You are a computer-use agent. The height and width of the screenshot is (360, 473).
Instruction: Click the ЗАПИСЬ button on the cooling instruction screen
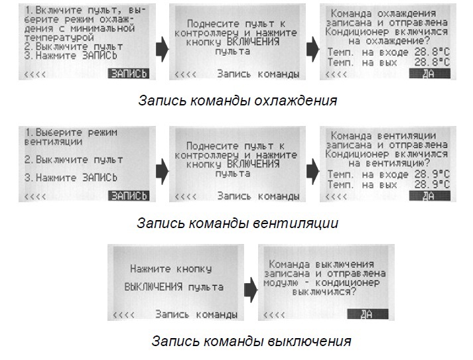(x=129, y=74)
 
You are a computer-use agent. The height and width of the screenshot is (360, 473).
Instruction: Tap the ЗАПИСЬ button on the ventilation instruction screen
(x=129, y=196)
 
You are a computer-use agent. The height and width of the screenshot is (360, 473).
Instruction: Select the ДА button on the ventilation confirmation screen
(x=428, y=196)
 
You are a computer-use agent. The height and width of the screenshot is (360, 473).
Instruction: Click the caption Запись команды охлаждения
(x=237, y=101)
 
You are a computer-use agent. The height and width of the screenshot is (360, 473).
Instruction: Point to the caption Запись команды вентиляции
(x=237, y=223)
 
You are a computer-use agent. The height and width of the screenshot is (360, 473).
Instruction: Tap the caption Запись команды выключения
(x=251, y=342)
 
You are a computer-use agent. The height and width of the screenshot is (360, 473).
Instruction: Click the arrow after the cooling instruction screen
(x=161, y=48)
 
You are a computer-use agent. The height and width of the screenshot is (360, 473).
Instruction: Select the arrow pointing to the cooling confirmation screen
(x=312, y=48)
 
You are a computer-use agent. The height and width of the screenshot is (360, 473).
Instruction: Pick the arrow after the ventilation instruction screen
(x=161, y=171)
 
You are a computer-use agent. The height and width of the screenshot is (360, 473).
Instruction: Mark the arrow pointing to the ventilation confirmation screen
(x=312, y=171)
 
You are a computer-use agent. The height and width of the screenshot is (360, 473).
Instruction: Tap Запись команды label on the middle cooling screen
(x=253, y=74)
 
